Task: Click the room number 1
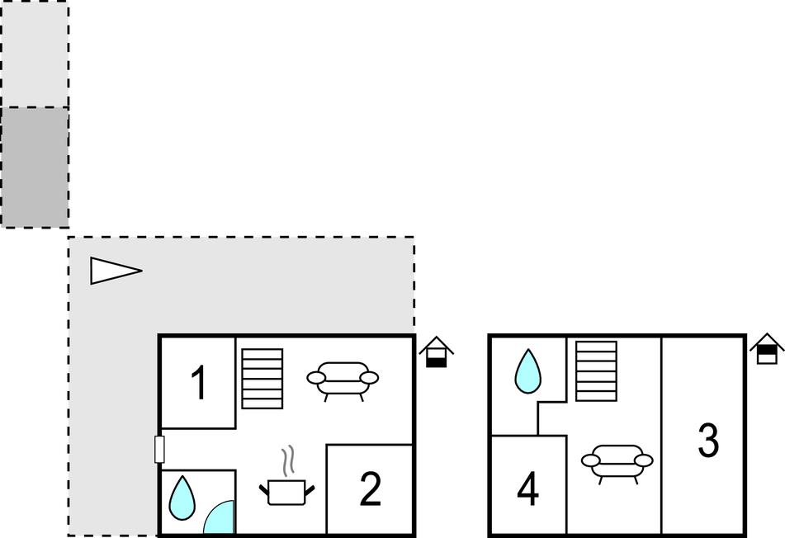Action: (x=198, y=384)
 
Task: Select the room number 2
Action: (x=371, y=489)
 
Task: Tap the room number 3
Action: (x=708, y=440)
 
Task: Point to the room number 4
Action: (x=528, y=489)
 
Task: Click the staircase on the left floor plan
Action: (x=262, y=378)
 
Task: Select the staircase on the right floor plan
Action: (x=596, y=371)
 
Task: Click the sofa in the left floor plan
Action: (x=343, y=380)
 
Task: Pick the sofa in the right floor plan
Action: (x=617, y=462)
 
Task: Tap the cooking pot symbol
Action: (x=286, y=492)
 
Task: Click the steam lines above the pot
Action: (x=287, y=462)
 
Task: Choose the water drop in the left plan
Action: (x=182, y=498)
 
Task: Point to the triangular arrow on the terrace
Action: (x=115, y=271)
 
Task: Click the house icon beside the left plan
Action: (x=436, y=352)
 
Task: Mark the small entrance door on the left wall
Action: (x=160, y=449)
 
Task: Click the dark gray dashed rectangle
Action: (x=35, y=167)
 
